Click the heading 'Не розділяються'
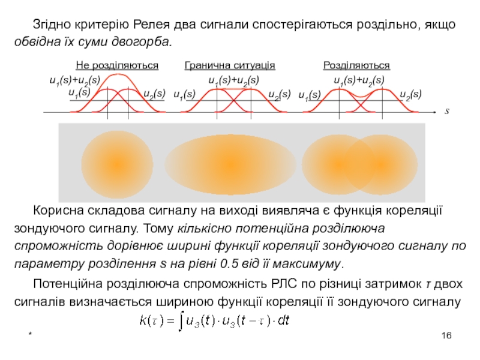coord(117,65)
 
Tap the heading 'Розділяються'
coord(356,65)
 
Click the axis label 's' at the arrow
coord(446,112)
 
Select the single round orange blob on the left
coord(118,164)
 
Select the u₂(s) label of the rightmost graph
coord(410,94)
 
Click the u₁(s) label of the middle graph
coord(184,94)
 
